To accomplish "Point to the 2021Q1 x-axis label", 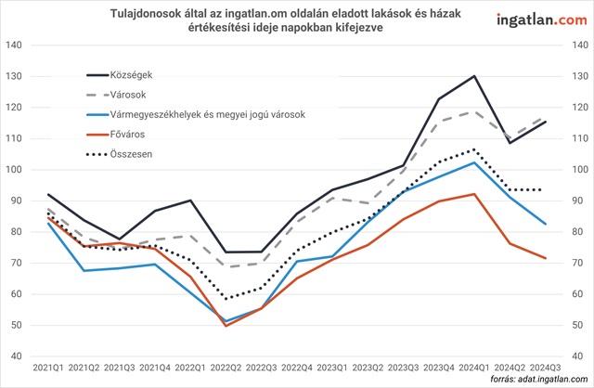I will pyautogui.click(x=48, y=369).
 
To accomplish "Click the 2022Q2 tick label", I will pyautogui.click(x=226, y=369).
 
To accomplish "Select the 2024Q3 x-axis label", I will pyautogui.click(x=545, y=369).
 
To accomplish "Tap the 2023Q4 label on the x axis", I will pyautogui.click(x=439, y=369).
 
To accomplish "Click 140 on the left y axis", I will pyautogui.click(x=15, y=46).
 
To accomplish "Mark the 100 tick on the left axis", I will pyautogui.click(x=15, y=170).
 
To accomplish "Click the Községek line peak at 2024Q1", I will pyautogui.click(x=474, y=76).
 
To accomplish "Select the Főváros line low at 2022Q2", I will pyautogui.click(x=226, y=325).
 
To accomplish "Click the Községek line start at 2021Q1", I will pyautogui.click(x=48, y=195).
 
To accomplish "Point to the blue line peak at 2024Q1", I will pyautogui.click(x=474, y=162).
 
